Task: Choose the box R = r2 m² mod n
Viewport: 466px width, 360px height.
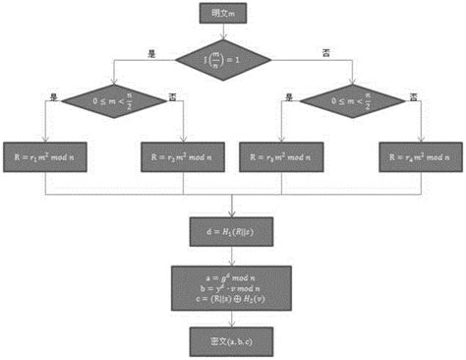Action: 183,155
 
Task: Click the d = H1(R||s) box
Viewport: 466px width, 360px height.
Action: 232,231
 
